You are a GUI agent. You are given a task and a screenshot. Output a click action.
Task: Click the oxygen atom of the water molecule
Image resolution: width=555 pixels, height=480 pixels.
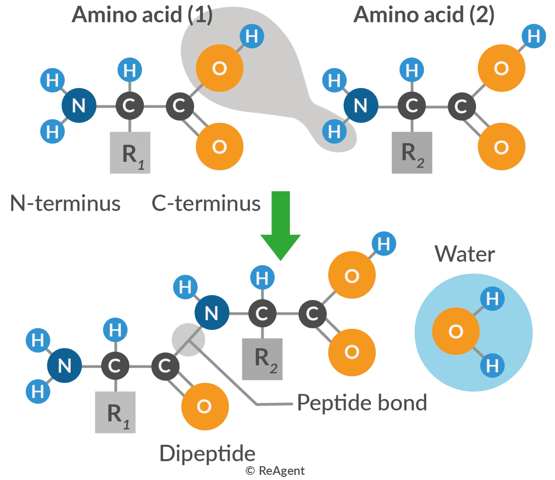[456, 331]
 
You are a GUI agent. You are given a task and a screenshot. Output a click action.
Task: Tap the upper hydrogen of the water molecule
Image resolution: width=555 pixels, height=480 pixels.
[492, 299]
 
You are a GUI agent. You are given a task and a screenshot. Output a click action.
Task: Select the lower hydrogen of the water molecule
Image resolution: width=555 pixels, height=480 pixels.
[492, 365]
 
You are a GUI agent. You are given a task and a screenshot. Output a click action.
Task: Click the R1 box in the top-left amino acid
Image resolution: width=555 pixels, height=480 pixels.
[132, 154]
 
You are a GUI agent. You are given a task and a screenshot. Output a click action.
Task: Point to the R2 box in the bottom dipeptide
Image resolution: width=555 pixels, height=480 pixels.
[265, 359]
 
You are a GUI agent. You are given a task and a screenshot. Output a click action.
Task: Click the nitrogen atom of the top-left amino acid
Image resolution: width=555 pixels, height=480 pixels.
[78, 106]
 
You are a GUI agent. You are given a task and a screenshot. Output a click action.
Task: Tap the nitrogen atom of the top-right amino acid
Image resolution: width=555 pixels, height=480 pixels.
[360, 106]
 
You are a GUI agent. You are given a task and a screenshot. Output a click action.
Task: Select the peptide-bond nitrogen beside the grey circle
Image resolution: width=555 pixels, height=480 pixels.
[211, 314]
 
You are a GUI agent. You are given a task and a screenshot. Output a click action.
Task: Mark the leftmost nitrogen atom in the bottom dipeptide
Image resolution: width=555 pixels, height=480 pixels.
[64, 366]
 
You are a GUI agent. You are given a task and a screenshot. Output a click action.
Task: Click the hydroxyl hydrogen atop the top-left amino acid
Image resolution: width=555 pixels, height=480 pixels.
[251, 36]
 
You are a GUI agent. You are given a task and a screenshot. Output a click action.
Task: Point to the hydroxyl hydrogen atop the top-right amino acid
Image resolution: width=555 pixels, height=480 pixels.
[534, 36]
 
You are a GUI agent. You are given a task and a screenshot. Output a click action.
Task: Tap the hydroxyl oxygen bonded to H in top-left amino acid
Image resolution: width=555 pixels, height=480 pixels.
[219, 68]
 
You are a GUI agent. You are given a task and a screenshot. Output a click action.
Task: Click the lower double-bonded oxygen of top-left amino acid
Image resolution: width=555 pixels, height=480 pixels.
[219, 147]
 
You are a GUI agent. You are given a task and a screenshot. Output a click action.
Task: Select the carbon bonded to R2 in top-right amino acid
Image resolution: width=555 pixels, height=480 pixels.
[412, 106]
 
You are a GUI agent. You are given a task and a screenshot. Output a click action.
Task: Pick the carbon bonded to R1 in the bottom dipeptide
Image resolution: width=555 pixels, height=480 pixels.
[114, 366]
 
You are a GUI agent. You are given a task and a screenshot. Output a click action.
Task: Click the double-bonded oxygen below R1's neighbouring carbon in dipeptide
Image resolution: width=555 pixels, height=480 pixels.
[204, 406]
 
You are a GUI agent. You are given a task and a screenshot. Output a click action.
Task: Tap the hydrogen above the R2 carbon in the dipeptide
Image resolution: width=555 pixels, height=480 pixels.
[262, 278]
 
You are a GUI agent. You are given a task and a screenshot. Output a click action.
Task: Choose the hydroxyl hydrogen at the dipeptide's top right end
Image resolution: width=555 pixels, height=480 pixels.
[383, 244]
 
